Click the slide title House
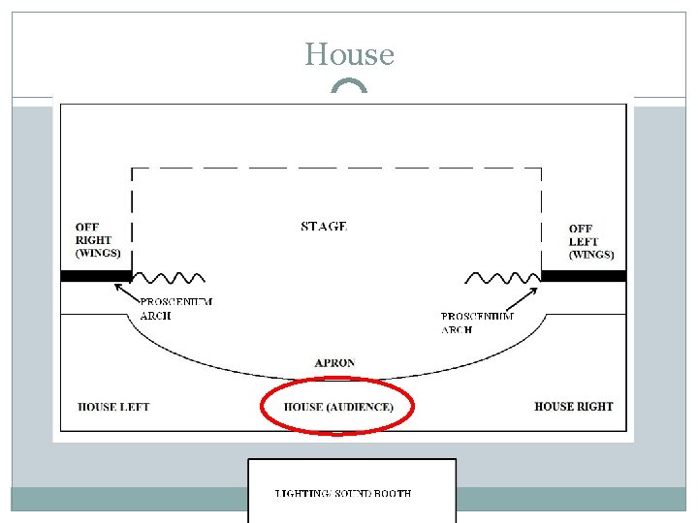click(349, 54)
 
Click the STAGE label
click(324, 227)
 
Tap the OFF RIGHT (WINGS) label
click(97, 240)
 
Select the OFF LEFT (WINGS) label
click(590, 242)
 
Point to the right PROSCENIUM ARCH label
click(477, 323)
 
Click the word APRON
click(334, 363)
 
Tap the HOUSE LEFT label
click(113, 407)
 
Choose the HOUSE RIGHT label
click(574, 407)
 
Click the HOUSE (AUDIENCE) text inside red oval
click(338, 407)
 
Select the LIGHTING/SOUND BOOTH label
click(343, 494)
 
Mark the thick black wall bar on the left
click(95, 276)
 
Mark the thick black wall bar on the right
click(583, 276)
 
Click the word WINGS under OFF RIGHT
click(99, 254)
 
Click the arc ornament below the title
click(349, 87)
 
